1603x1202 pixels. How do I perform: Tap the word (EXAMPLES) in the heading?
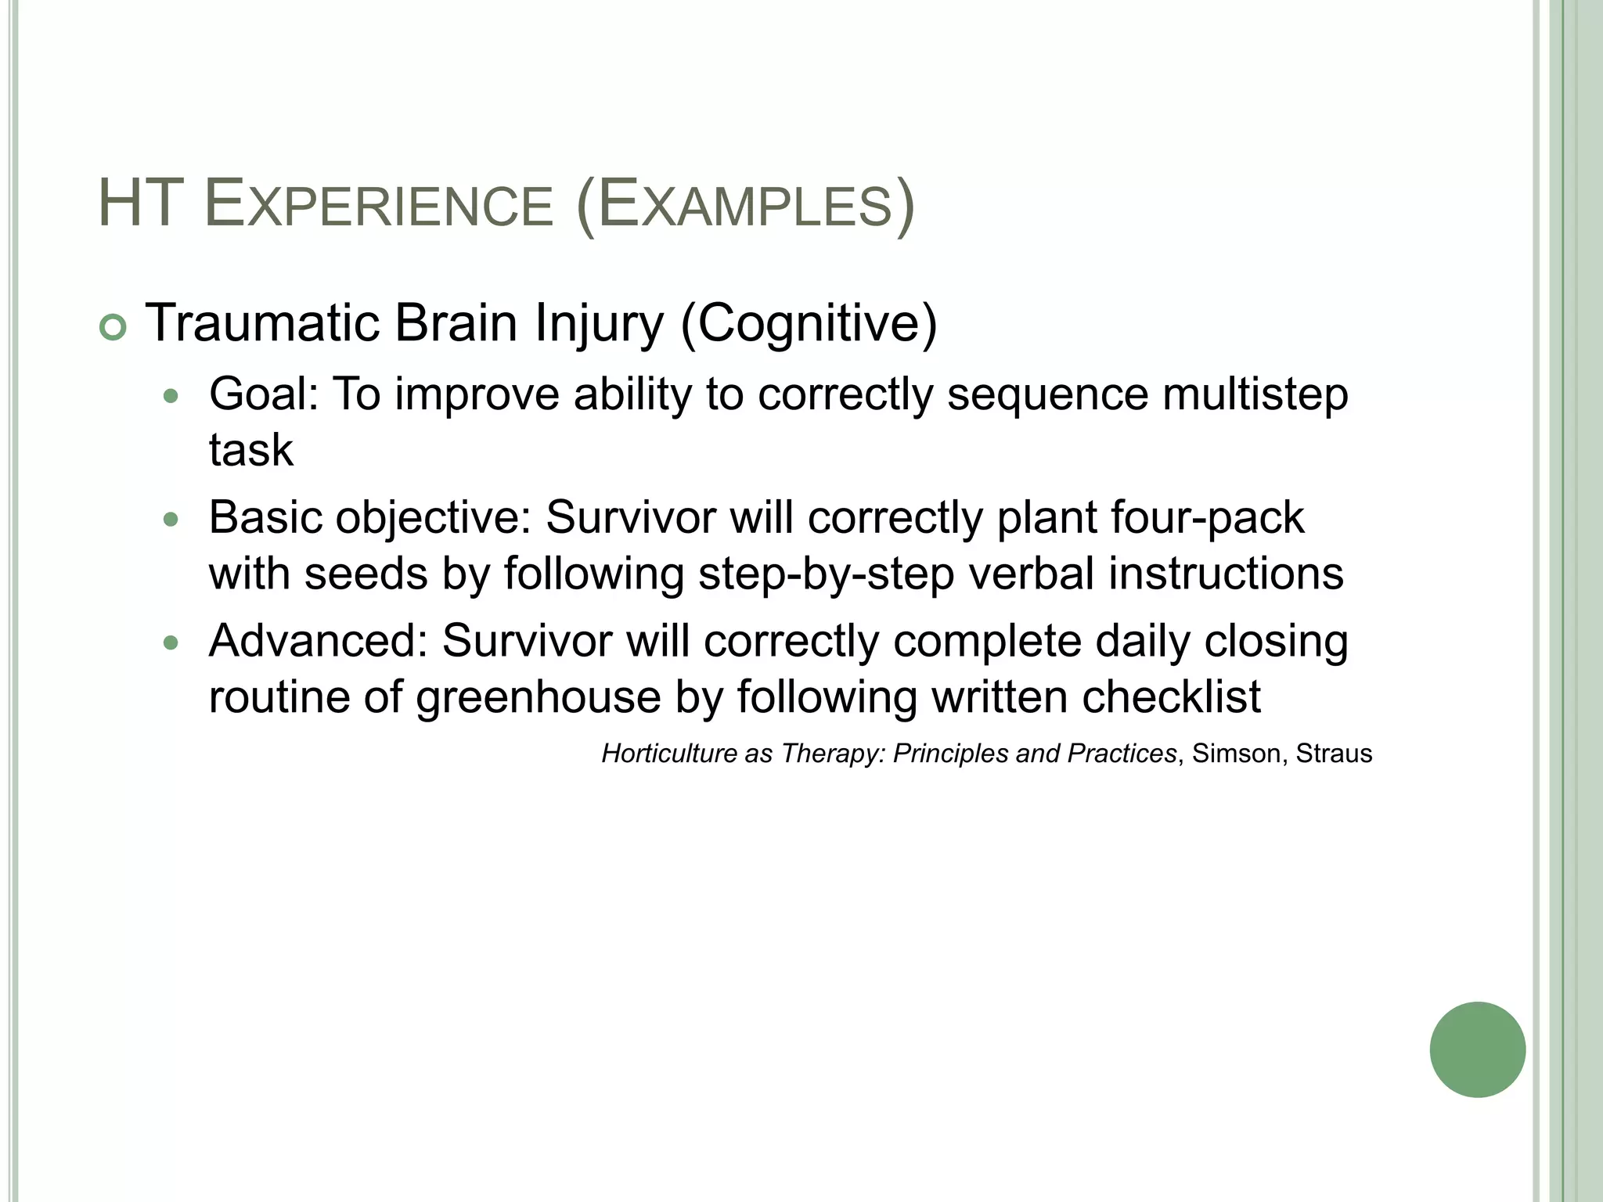[x=744, y=206]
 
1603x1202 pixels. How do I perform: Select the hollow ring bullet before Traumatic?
[x=113, y=329]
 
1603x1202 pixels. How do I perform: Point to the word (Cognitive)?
[x=809, y=324]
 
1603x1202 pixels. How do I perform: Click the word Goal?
[x=264, y=394]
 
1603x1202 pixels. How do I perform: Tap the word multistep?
[x=1255, y=394]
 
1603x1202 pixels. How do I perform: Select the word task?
[x=250, y=450]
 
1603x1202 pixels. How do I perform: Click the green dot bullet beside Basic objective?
[x=171, y=520]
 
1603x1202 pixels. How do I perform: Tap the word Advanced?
[x=318, y=641]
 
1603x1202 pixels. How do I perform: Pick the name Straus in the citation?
[x=1334, y=754]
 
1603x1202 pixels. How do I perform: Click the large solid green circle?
[x=1477, y=1049]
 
